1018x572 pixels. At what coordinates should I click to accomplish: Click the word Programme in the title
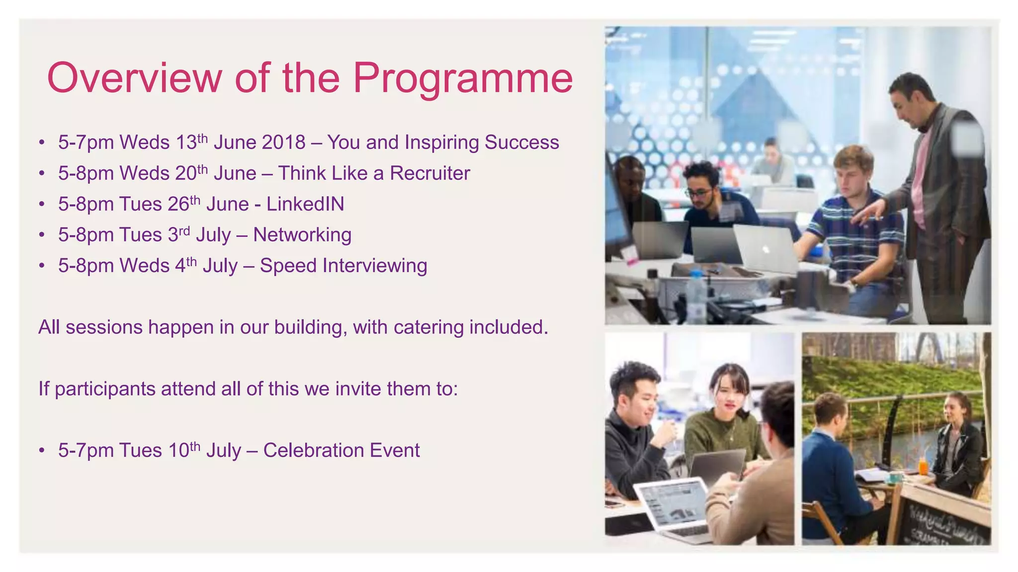(463, 78)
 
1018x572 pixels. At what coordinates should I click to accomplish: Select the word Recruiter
(429, 173)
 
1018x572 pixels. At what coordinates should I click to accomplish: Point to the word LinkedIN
(305, 204)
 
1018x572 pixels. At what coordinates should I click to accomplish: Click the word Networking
(302, 235)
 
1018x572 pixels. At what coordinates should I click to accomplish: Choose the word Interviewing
(375, 266)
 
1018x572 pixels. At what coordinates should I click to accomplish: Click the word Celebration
(313, 450)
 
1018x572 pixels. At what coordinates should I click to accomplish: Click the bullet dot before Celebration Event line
(42, 451)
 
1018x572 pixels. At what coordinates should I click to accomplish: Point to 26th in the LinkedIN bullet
(183, 204)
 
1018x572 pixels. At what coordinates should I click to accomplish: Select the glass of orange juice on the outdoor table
(923, 467)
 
